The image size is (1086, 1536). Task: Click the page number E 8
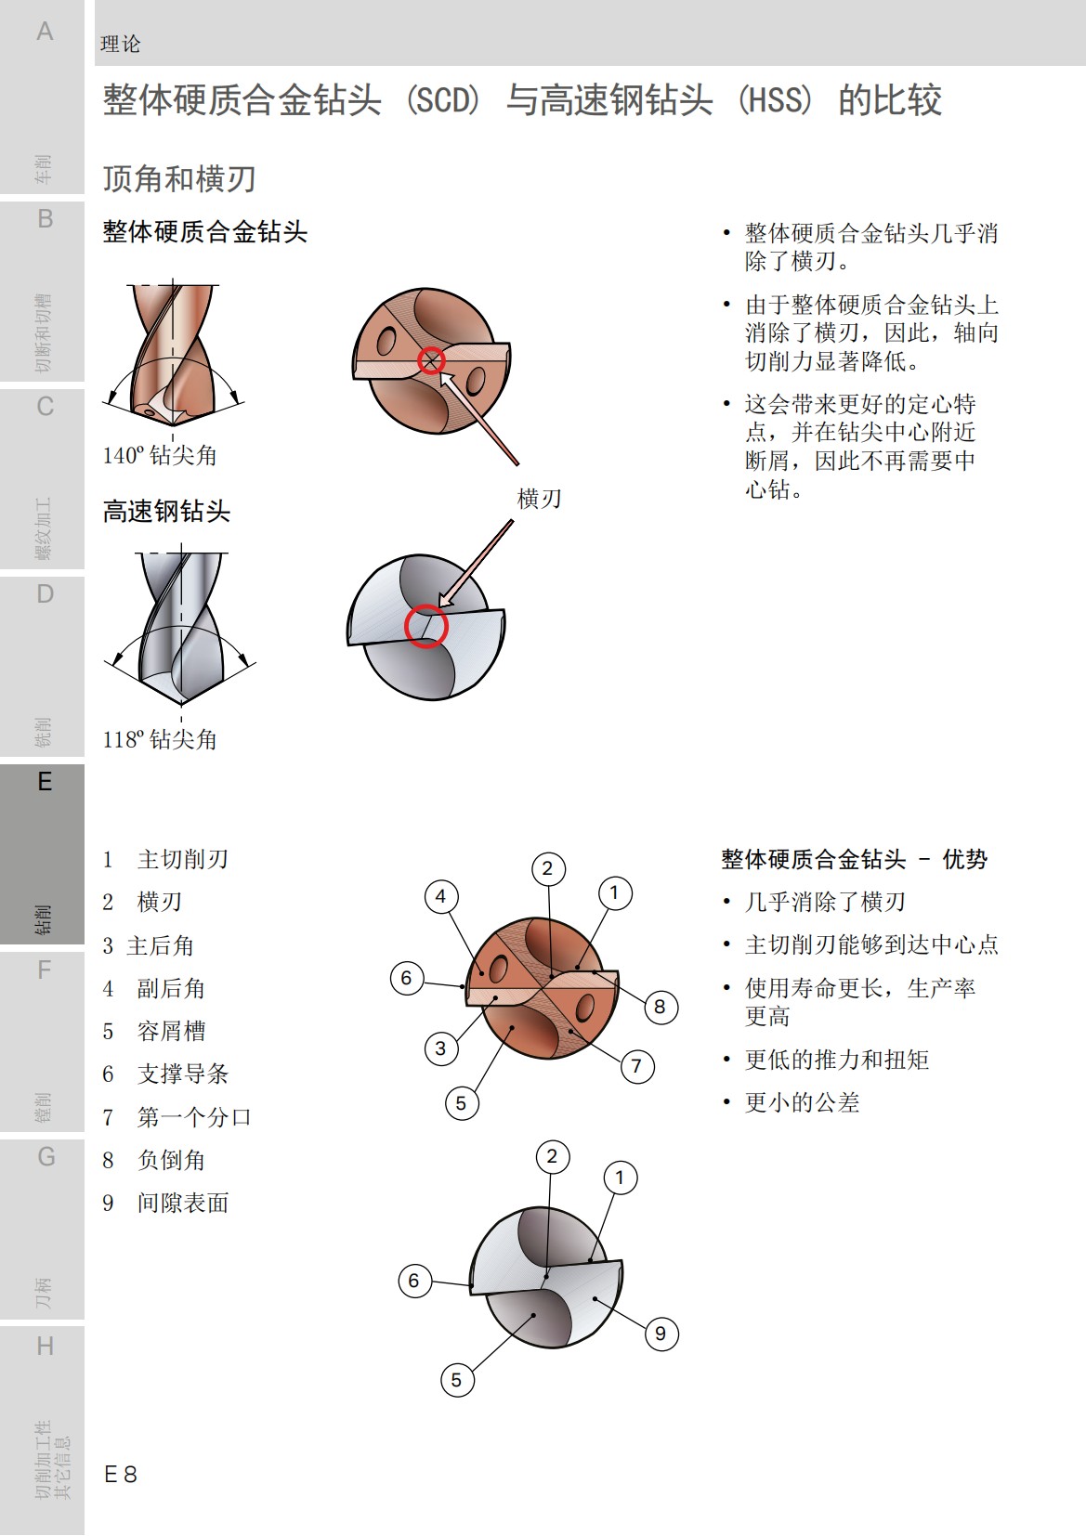[121, 1474]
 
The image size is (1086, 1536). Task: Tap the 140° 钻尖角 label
[160, 455]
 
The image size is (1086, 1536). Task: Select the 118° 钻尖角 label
[160, 739]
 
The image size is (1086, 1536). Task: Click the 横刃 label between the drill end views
[539, 499]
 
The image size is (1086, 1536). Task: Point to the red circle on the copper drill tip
[431, 360]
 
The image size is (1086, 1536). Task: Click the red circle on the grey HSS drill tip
[426, 627]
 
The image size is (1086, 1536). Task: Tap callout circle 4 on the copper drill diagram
[440, 896]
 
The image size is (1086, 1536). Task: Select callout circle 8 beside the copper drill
[660, 1007]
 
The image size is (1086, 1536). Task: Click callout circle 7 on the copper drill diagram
[636, 1065]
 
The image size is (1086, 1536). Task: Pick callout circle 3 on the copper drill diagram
[440, 1048]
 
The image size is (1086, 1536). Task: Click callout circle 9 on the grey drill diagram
[661, 1334]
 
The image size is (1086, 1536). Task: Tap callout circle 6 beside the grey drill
[414, 1281]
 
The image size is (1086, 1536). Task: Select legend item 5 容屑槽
[154, 1031]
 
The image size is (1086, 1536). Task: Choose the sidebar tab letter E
[45, 782]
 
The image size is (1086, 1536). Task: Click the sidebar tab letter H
[45, 1346]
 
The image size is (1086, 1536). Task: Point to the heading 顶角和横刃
[178, 178]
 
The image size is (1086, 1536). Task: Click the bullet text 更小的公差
[802, 1102]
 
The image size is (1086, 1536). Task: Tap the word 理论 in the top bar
[120, 44]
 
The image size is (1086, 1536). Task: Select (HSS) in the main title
[775, 99]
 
